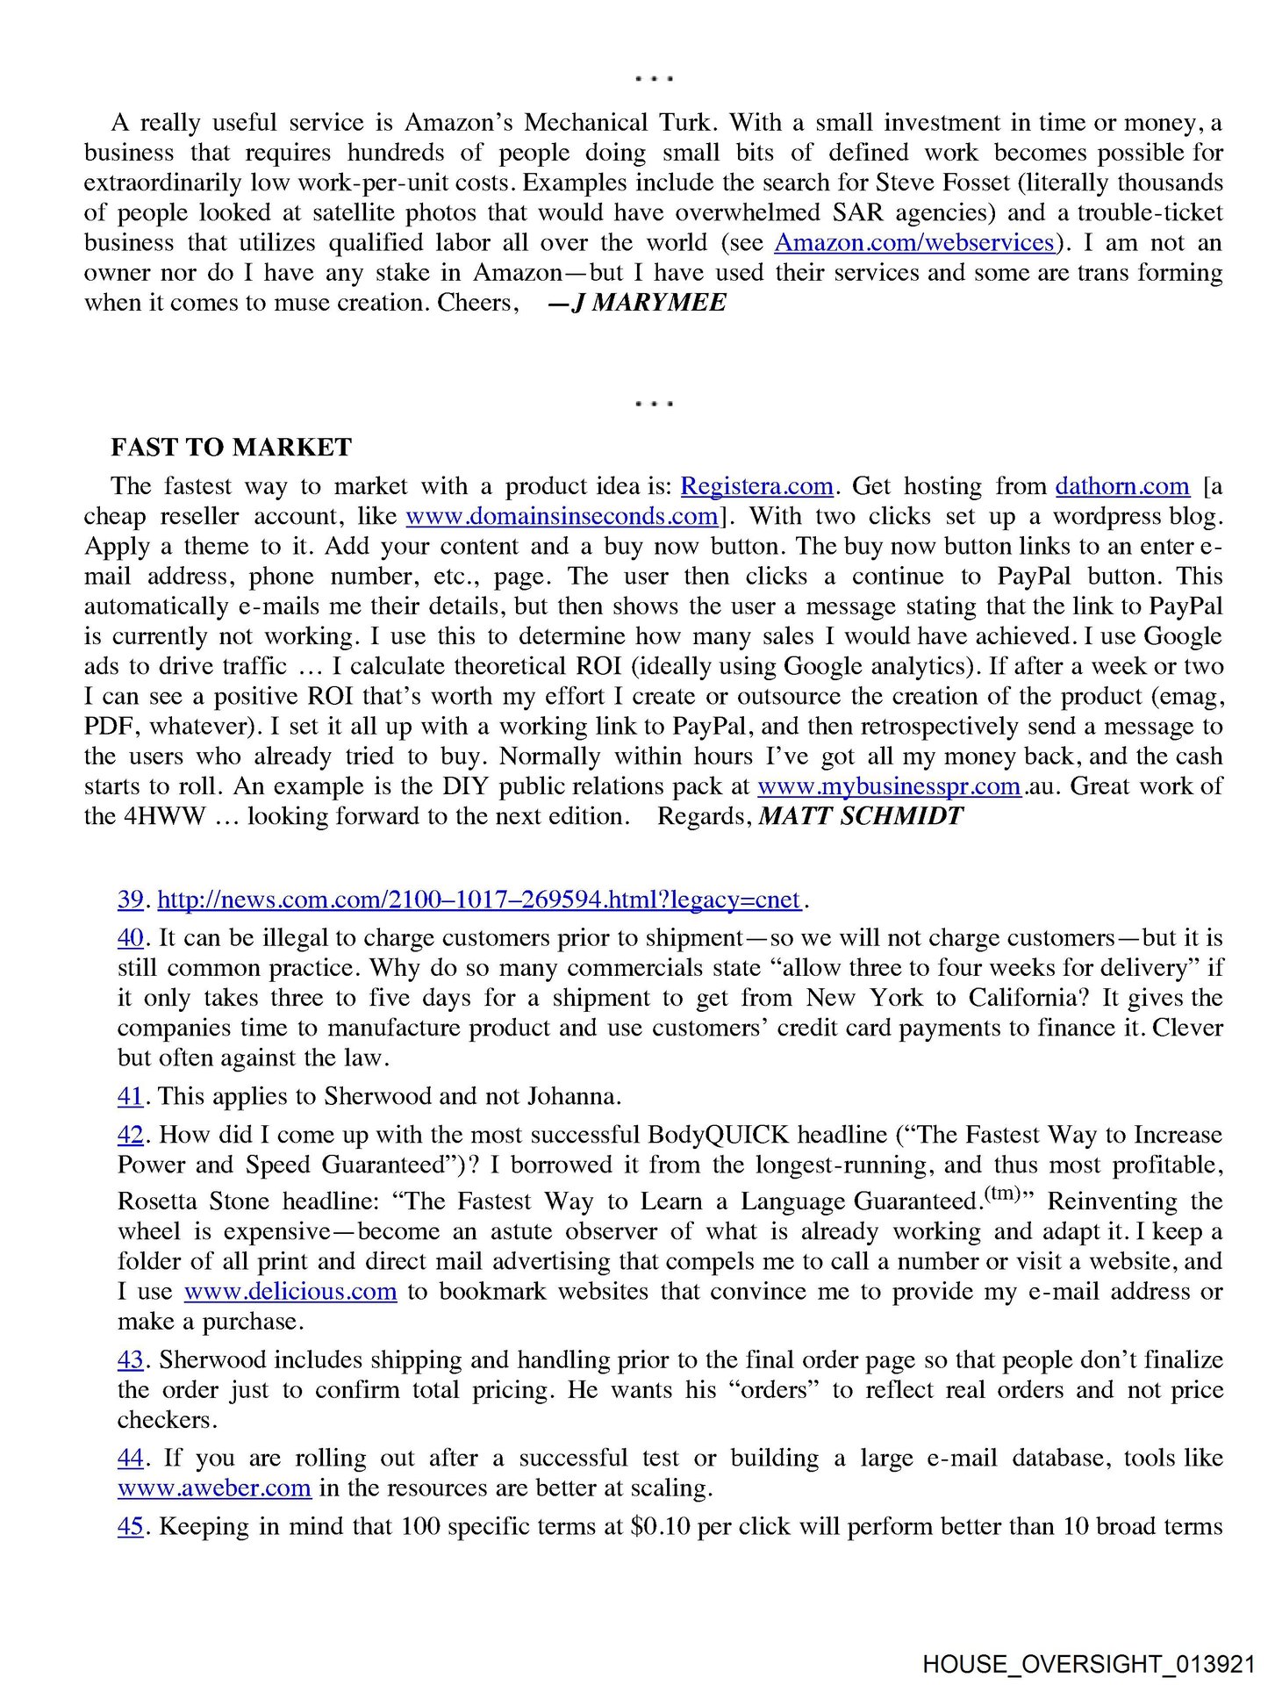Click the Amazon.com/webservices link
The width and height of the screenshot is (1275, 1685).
(913, 243)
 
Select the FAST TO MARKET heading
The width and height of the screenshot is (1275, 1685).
(231, 448)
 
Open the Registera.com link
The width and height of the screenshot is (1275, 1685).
(756, 486)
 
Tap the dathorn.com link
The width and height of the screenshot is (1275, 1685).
(1122, 486)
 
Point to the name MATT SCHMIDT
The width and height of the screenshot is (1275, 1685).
(861, 816)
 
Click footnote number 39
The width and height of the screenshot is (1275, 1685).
(130, 900)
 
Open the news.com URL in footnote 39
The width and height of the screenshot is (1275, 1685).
(479, 900)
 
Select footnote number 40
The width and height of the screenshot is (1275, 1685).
(130, 938)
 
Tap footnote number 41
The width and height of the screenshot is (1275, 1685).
(130, 1096)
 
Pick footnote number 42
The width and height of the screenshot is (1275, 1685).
(130, 1135)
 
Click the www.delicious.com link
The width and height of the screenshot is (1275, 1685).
(290, 1292)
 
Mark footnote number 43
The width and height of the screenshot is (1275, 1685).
(130, 1360)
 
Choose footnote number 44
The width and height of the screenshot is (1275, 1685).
(130, 1459)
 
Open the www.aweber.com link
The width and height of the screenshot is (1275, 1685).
(214, 1488)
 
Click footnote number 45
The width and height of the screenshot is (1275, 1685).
(130, 1527)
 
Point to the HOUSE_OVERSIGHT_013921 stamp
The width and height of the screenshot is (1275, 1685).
(1088, 1664)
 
